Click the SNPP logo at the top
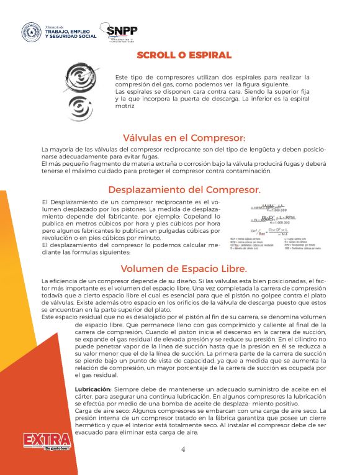coord(121,32)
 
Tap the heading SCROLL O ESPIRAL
coord(184,55)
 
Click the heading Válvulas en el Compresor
coord(184,138)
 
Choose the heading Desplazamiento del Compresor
coord(184,190)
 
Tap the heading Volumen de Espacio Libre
coord(184,269)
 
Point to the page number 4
coord(183,450)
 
